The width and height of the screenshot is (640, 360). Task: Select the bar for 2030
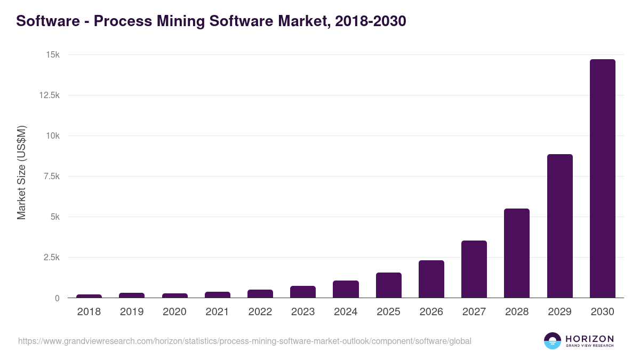602,178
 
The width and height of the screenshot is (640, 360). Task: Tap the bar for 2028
517,253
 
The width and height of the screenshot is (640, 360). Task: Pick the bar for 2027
474,269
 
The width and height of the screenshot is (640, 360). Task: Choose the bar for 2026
431,279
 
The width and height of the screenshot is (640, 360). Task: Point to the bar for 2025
388,285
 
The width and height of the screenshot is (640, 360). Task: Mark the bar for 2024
346,289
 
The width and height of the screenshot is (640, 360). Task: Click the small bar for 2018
89,295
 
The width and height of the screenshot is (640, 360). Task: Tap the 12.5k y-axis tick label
49,95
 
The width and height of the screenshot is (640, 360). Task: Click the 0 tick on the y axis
57,298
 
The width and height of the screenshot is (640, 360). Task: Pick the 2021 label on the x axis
217,312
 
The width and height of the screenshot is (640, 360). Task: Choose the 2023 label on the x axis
303,312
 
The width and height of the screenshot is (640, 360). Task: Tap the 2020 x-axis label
174,312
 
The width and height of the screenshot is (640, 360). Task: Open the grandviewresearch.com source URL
245,341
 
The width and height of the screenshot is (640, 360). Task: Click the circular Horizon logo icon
552,341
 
